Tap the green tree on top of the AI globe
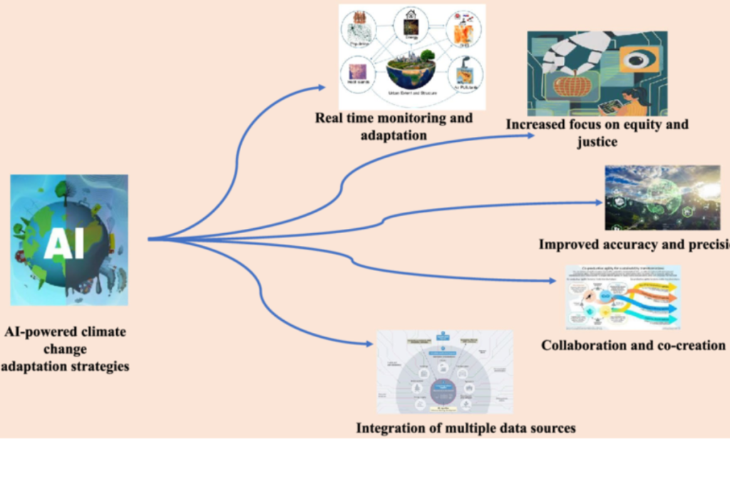tap(61, 189)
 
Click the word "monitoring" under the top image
tap(404, 118)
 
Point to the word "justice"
tap(597, 141)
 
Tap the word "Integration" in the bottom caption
tap(390, 429)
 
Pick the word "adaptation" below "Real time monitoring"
tap(394, 135)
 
